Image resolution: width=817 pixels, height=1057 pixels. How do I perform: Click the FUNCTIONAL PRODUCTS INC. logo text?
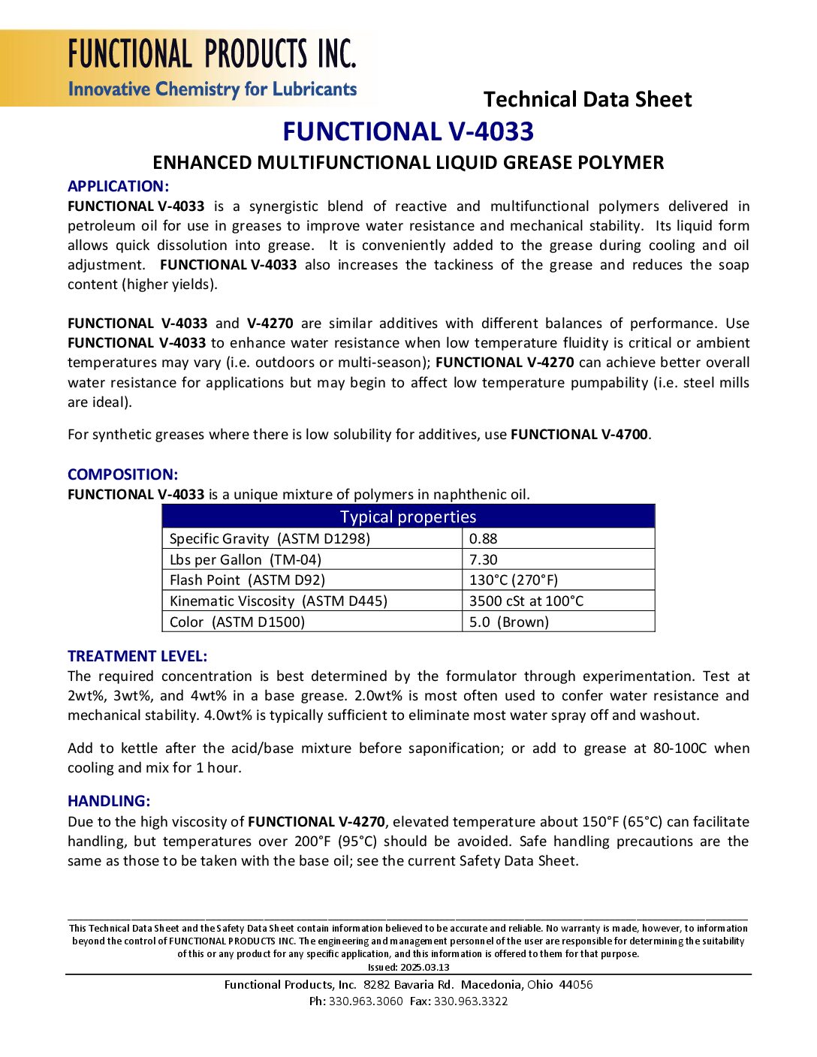[212, 54]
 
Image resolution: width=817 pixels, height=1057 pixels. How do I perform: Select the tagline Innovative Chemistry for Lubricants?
[213, 89]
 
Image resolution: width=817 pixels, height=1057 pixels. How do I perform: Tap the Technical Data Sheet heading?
[587, 99]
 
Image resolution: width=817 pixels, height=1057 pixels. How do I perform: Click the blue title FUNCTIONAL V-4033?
[408, 131]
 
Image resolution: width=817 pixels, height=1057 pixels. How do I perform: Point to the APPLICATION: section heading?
[118, 186]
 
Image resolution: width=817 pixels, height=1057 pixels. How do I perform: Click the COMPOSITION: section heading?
[122, 474]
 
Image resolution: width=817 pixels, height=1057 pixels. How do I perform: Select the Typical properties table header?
[408, 516]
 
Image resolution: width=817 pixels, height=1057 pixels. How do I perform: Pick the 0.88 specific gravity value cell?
[484, 538]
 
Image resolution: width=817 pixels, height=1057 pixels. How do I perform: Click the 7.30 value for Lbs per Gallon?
[484, 559]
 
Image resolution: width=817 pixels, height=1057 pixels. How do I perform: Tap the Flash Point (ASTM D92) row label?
[247, 580]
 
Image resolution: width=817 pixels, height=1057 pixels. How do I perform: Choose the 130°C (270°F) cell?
[514, 580]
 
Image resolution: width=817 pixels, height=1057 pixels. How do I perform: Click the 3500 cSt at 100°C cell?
[526, 601]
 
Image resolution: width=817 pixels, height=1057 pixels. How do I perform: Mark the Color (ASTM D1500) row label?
[237, 622]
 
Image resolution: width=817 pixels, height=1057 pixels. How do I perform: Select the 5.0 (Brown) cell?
[509, 622]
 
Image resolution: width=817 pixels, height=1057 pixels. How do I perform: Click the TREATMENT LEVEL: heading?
[137, 656]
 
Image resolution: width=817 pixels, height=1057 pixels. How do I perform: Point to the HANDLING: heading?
[109, 801]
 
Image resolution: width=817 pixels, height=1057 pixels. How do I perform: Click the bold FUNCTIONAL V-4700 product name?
[579, 435]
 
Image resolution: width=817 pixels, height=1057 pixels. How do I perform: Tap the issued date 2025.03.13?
[424, 967]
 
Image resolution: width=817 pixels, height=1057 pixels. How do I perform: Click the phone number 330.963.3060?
[366, 1001]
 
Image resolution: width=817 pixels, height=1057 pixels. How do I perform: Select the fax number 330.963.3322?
[471, 1001]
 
